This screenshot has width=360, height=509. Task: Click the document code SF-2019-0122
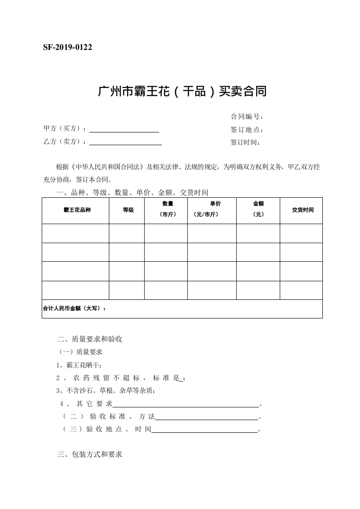[68, 48]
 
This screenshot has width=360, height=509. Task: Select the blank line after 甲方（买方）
[125, 130]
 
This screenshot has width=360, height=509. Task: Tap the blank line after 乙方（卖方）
[126, 142]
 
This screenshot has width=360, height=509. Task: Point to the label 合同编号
[247, 117]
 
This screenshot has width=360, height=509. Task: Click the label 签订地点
[247, 130]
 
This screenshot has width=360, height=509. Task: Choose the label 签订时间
[245, 142]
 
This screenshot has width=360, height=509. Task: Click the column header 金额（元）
[258, 209]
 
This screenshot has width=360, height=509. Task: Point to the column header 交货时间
[302, 210]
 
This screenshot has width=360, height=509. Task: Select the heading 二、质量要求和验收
[90, 339]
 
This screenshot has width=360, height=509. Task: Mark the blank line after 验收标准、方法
[207, 417]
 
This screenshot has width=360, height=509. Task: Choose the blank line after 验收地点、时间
[204, 430]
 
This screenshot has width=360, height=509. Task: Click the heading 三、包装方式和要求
[90, 454]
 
